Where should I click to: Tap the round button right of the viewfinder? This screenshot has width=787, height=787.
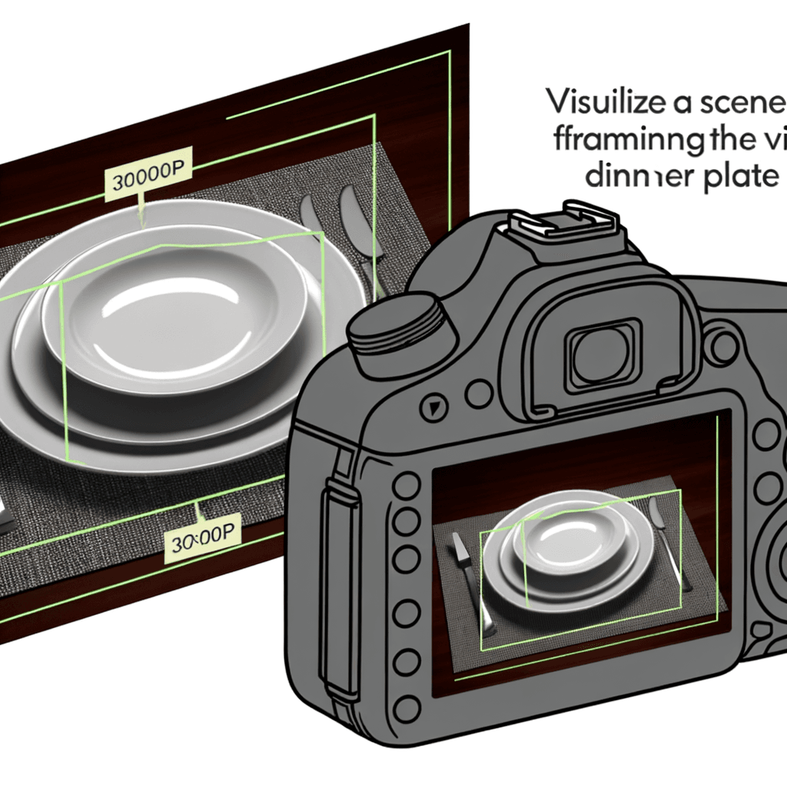tap(722, 347)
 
